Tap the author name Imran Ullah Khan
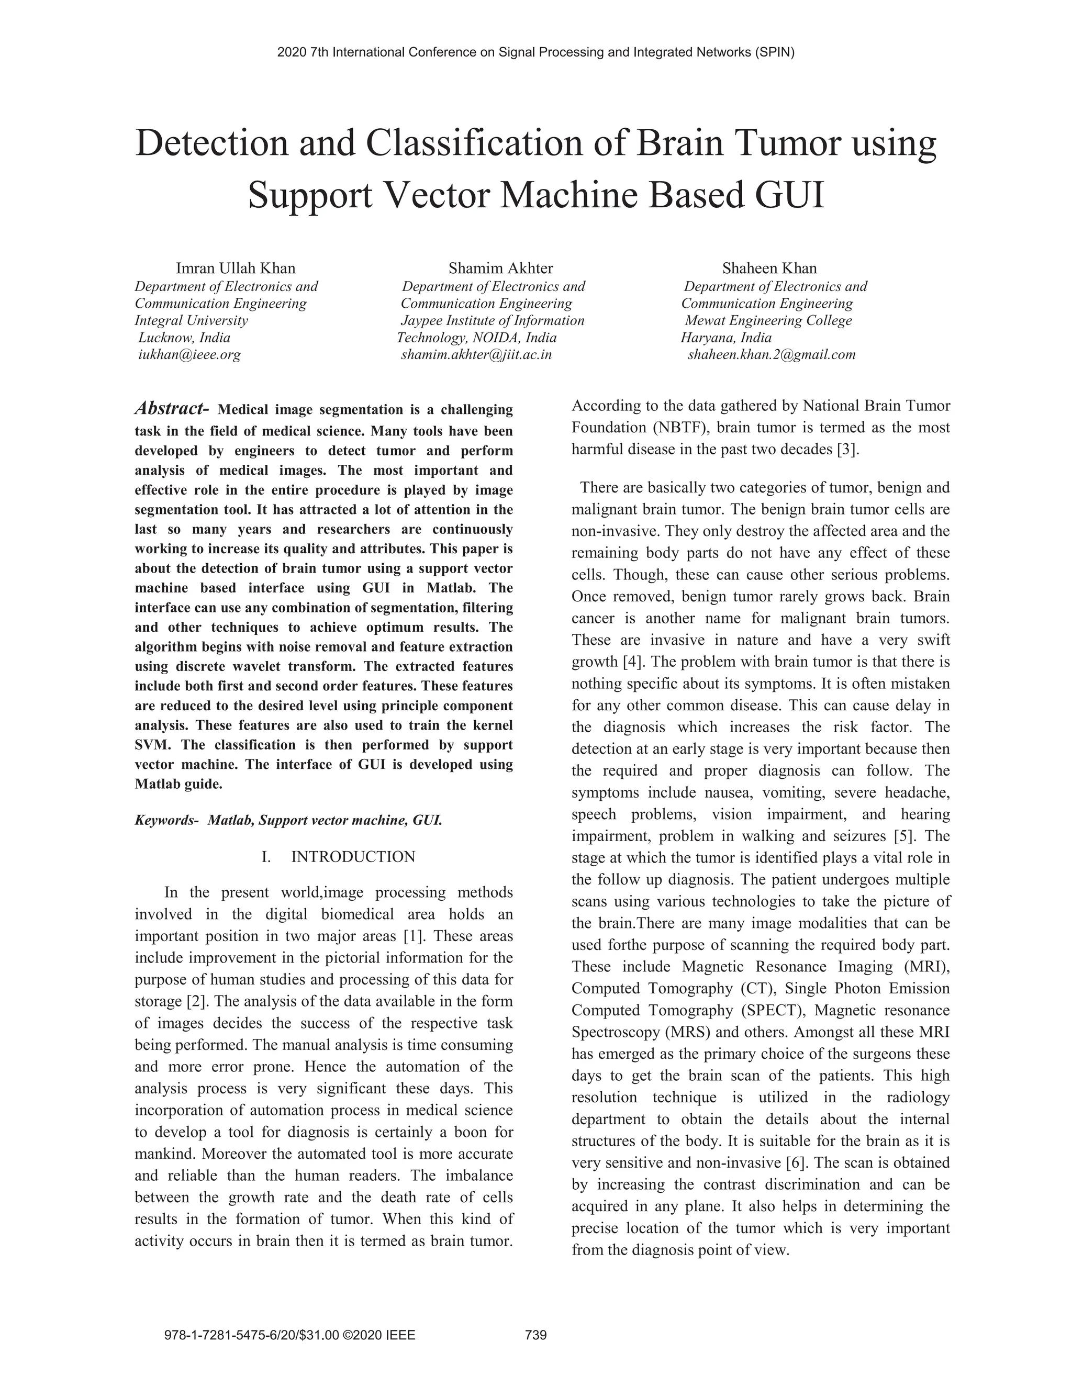(236, 268)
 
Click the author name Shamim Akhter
(500, 268)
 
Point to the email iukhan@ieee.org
(190, 354)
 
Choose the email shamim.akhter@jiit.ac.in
(476, 354)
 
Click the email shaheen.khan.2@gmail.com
(772, 354)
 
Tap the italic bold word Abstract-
(172, 408)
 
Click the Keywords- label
(166, 820)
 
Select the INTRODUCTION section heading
(353, 857)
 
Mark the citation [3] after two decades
(847, 450)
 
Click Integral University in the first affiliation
(191, 320)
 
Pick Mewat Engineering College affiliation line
(768, 320)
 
